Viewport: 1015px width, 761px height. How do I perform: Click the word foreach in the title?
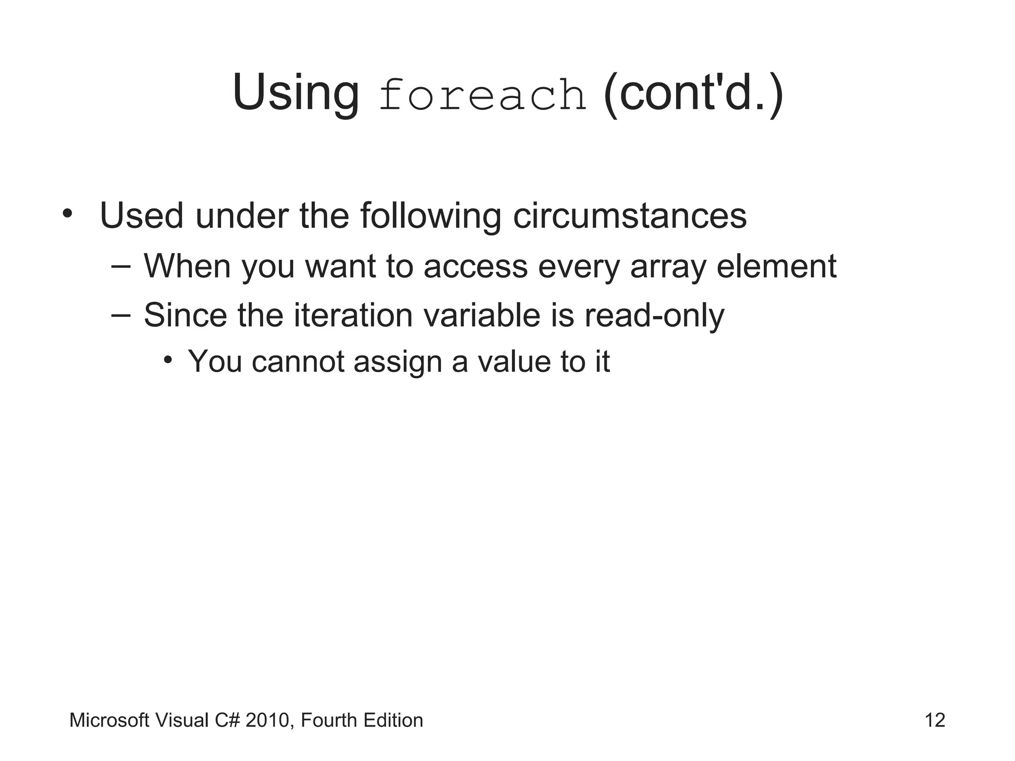pos(482,95)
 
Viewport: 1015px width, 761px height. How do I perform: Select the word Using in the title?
pos(295,93)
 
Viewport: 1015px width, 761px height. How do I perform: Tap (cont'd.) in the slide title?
pos(693,93)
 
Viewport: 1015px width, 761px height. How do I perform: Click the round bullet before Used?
pos(67,214)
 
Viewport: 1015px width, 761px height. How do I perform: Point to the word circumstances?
pos(629,216)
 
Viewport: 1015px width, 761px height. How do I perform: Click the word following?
pos(430,217)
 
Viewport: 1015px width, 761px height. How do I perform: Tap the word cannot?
pos(298,361)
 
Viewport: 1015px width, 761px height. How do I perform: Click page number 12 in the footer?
pos(935,720)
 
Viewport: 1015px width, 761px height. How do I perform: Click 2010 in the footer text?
pos(267,720)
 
